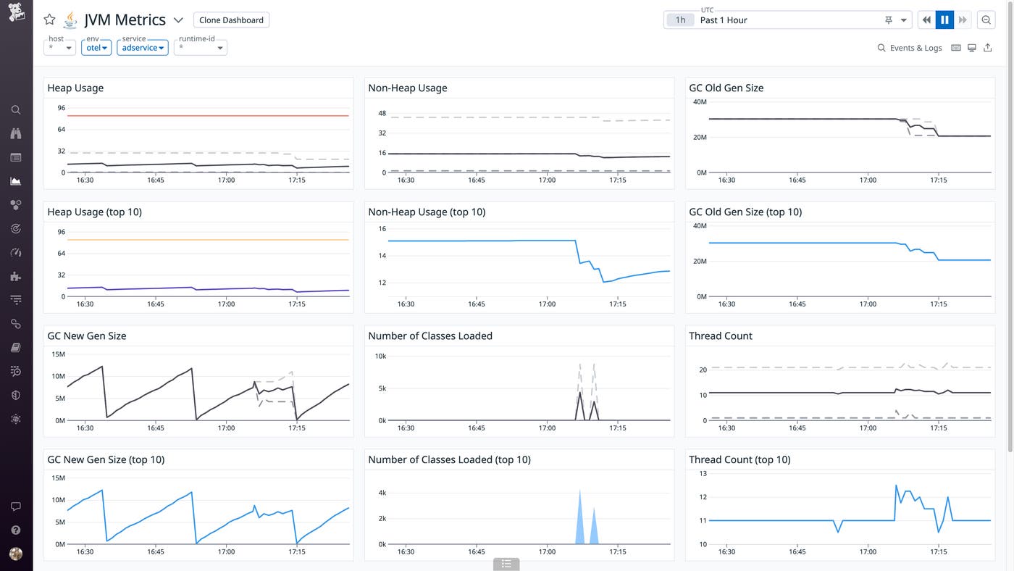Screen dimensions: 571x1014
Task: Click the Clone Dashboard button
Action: (x=231, y=20)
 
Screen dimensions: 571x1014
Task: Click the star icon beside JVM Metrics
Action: (x=49, y=20)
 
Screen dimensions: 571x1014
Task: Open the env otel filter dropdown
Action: (x=96, y=48)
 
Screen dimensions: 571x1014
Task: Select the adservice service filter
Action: (x=142, y=48)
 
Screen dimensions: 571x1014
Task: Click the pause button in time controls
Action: (x=944, y=20)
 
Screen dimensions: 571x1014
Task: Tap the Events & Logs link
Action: (x=910, y=48)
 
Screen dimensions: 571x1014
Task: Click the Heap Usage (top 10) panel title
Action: (x=94, y=212)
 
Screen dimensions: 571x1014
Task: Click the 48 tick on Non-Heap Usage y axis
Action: (x=382, y=114)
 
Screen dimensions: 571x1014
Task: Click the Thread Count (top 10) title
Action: (x=739, y=459)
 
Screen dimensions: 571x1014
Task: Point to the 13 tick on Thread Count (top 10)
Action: (x=702, y=473)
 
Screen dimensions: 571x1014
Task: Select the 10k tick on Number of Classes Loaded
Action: (x=380, y=356)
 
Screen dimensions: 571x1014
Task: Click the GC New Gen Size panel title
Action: (x=87, y=335)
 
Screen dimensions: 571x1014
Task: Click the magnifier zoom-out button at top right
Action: (x=986, y=20)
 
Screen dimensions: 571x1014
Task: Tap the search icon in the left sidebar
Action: (x=16, y=110)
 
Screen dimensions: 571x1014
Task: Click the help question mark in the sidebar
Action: (x=16, y=530)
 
